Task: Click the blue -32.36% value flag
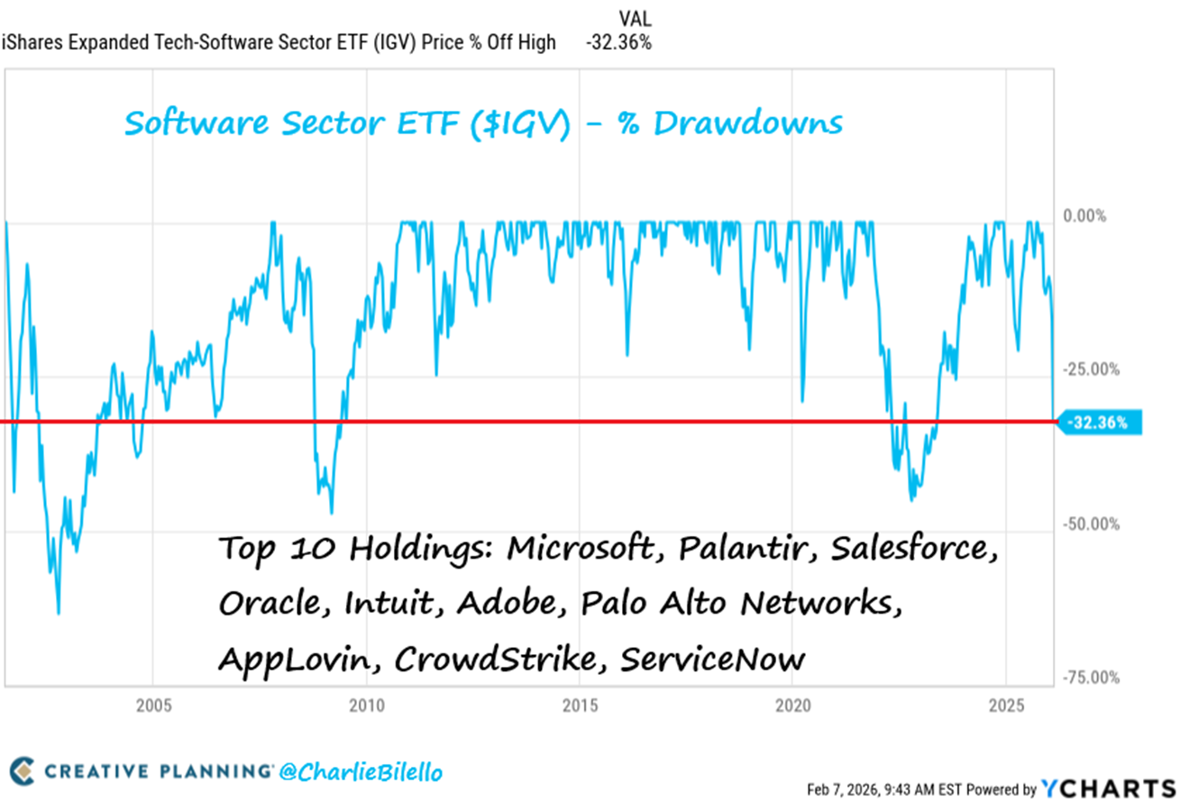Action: [x=1100, y=422]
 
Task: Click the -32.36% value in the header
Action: [x=617, y=42]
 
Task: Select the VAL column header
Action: [x=635, y=17]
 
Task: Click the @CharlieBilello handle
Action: [x=363, y=772]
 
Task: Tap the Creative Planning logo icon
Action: [x=27, y=772]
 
